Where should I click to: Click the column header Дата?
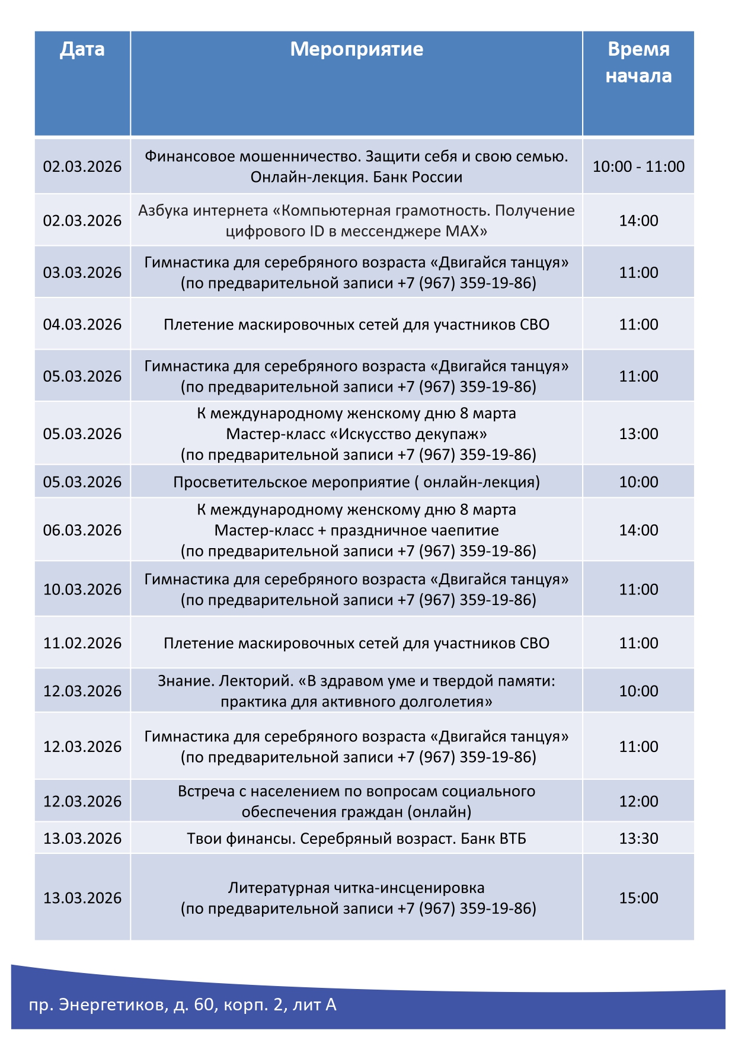coord(82,49)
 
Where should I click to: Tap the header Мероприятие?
coord(356,49)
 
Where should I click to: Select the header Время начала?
coord(638,62)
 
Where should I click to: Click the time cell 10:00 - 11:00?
coord(638,167)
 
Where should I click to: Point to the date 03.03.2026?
coord(82,273)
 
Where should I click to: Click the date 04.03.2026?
coord(82,325)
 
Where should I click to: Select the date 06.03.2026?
coord(82,530)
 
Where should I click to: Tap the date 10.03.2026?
coord(82,590)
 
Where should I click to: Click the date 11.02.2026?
coord(82,643)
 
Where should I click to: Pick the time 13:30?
coord(638,839)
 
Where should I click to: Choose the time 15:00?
coord(638,898)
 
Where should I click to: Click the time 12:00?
coord(638,801)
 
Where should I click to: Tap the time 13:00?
coord(638,434)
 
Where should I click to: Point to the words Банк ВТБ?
coord(493,839)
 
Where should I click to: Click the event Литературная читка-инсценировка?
coord(356,888)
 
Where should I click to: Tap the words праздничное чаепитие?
coord(414,530)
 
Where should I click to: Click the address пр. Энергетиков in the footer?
coord(98,1005)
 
